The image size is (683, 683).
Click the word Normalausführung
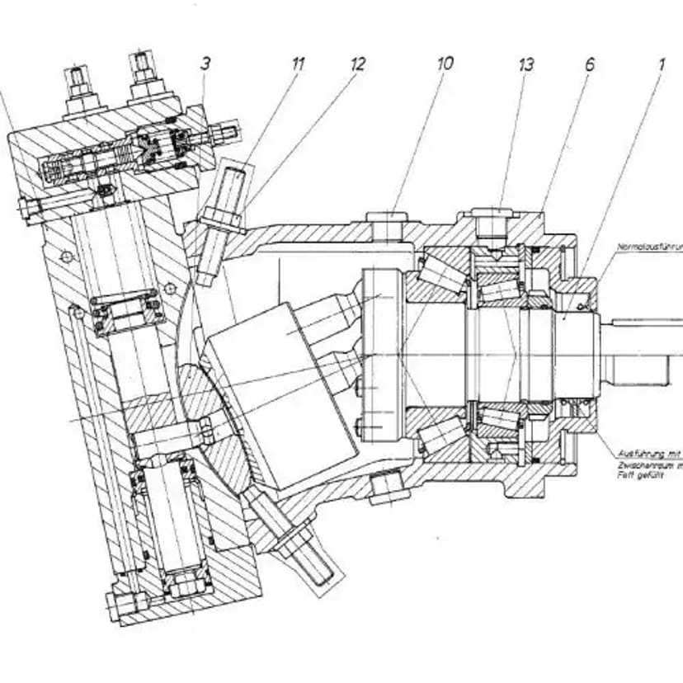pyautogui.click(x=648, y=247)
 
